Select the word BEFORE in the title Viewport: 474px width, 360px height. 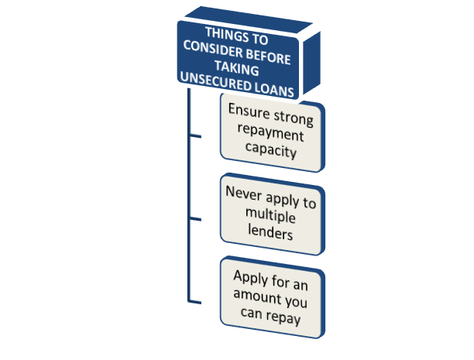[x=268, y=57]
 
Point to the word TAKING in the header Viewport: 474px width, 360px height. [x=237, y=68]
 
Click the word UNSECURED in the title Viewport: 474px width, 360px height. [x=215, y=81]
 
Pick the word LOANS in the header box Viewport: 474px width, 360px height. [x=273, y=90]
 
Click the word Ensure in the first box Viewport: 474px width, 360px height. [x=249, y=111]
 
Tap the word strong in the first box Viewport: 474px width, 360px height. [x=294, y=117]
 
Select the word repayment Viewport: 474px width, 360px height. [x=270, y=133]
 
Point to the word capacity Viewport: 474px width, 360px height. [x=271, y=150]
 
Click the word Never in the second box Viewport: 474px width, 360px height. [x=244, y=194]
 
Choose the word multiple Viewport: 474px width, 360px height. [x=270, y=215]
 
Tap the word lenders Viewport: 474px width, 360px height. [x=270, y=232]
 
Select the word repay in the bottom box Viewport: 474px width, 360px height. [x=283, y=317]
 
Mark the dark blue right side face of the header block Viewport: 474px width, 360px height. [x=311, y=63]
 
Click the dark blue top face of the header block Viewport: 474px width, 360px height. [x=249, y=19]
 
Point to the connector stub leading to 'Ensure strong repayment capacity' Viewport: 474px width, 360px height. [x=195, y=136]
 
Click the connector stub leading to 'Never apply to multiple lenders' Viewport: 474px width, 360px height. [x=195, y=219]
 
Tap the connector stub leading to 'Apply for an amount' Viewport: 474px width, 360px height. [x=195, y=302]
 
